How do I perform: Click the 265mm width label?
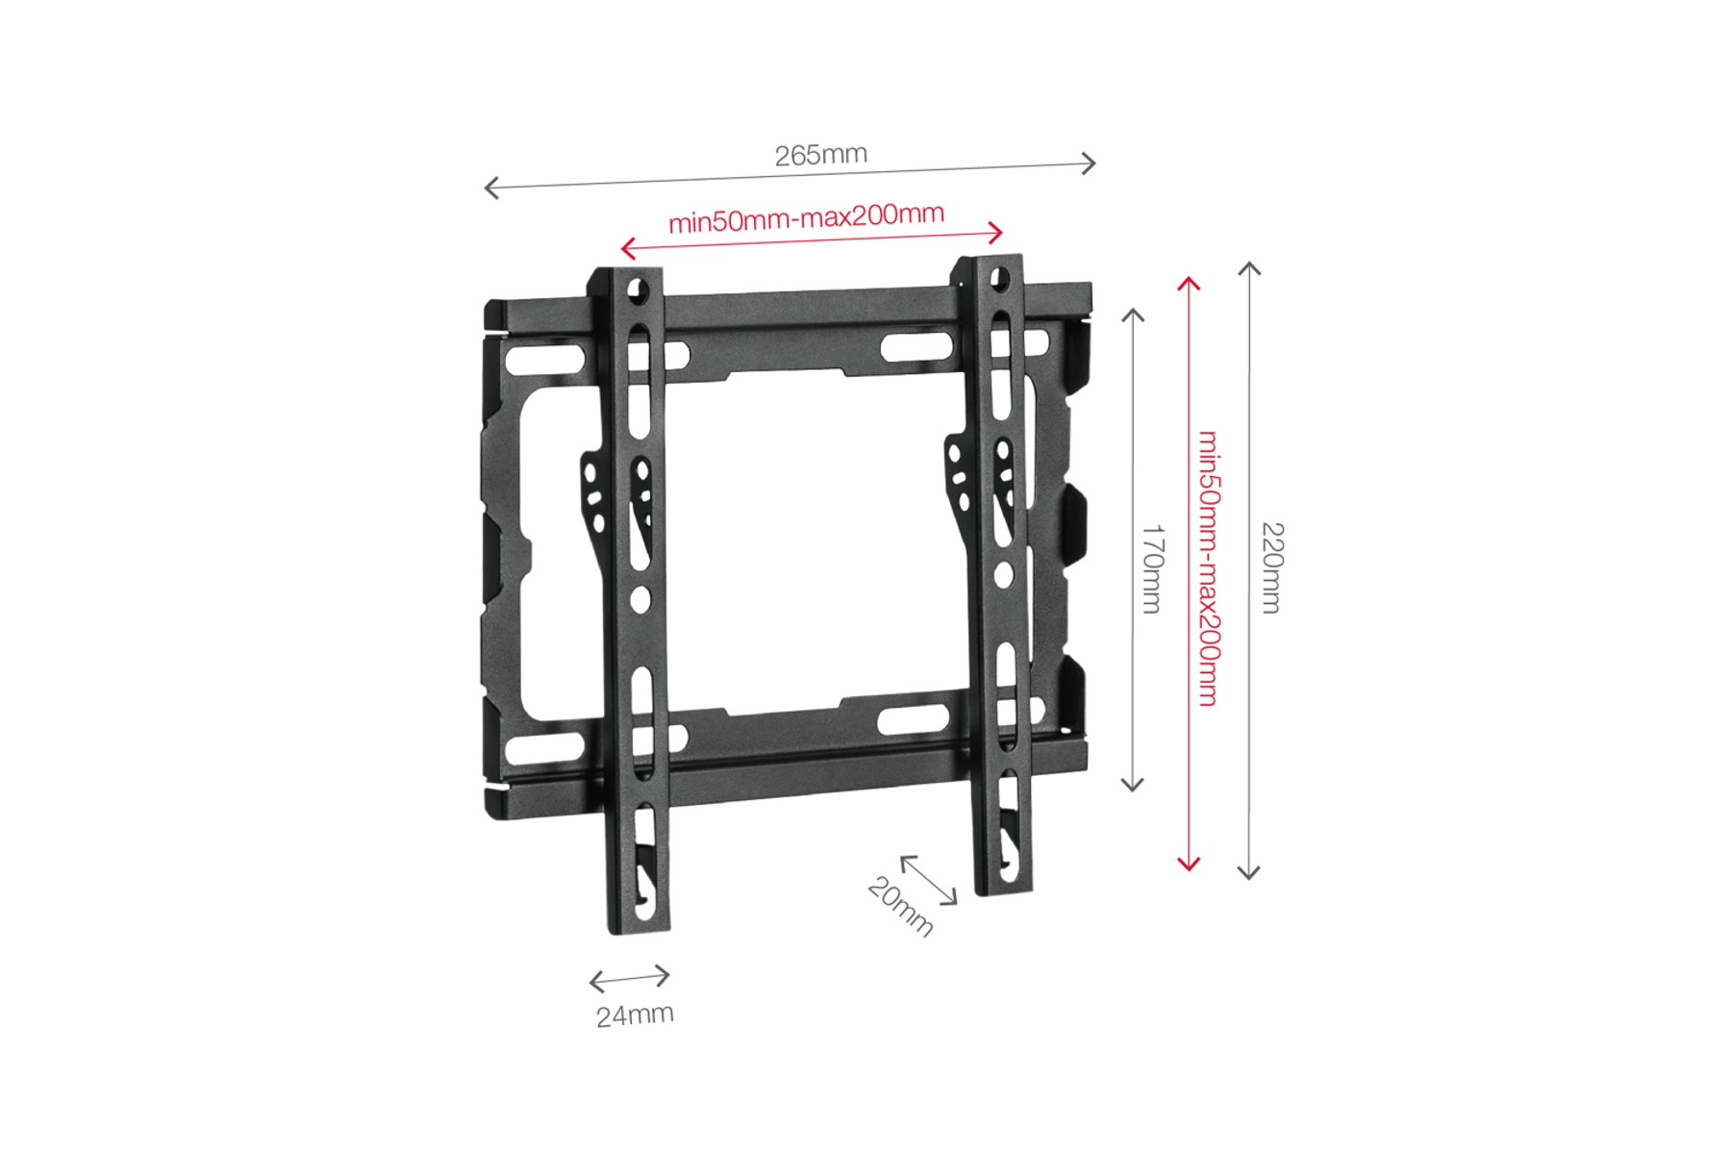click(821, 155)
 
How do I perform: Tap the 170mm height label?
click(1152, 568)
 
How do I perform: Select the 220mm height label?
click(1272, 567)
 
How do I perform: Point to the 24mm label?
click(635, 1016)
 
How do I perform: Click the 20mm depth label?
click(901, 906)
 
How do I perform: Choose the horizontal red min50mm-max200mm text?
click(806, 217)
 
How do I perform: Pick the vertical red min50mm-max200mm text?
click(1209, 568)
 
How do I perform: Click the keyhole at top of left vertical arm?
click(636, 289)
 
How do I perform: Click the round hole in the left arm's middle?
click(640, 601)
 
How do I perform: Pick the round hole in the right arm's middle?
click(1003, 575)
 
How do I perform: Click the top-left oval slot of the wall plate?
click(545, 361)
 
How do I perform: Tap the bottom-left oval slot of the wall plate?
click(545, 749)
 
